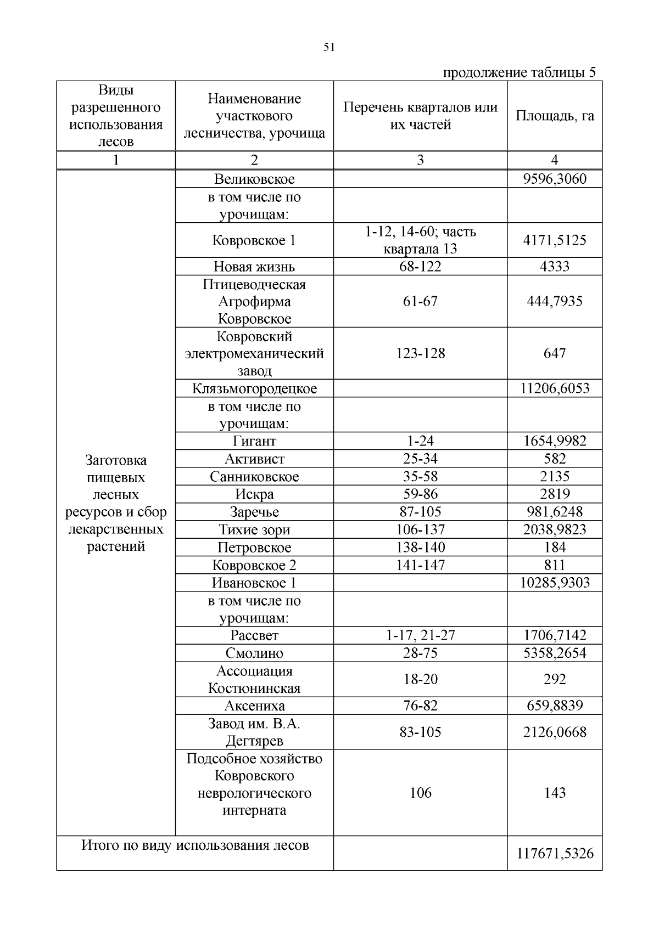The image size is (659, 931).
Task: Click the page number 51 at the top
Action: coord(329,47)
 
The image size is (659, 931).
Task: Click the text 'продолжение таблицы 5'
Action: coord(519,73)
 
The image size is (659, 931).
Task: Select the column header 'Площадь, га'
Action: coord(555,116)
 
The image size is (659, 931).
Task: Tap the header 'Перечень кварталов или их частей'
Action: coord(420,116)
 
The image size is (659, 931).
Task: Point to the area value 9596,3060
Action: coord(555,179)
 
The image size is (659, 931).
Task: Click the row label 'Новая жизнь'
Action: coord(254,267)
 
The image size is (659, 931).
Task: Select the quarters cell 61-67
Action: coord(420,301)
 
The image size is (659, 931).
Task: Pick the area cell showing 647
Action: coord(555,353)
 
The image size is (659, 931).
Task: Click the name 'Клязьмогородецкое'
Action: coord(254,388)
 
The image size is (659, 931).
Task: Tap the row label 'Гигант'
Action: coord(254,441)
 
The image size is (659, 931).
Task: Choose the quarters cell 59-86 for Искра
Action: coord(420,494)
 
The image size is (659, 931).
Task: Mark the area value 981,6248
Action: coord(555,512)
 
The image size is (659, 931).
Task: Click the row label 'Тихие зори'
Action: coord(254,529)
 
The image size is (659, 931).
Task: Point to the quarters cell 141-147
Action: coord(420,565)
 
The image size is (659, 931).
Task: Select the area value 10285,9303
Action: coord(555,583)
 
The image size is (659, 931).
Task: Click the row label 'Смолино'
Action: coord(254,653)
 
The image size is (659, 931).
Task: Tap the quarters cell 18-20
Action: coord(420,679)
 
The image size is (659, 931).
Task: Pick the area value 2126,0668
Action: coord(555,732)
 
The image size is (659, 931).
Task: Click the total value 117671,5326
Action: coord(555,853)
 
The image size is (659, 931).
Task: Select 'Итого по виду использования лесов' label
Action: coord(195,845)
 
